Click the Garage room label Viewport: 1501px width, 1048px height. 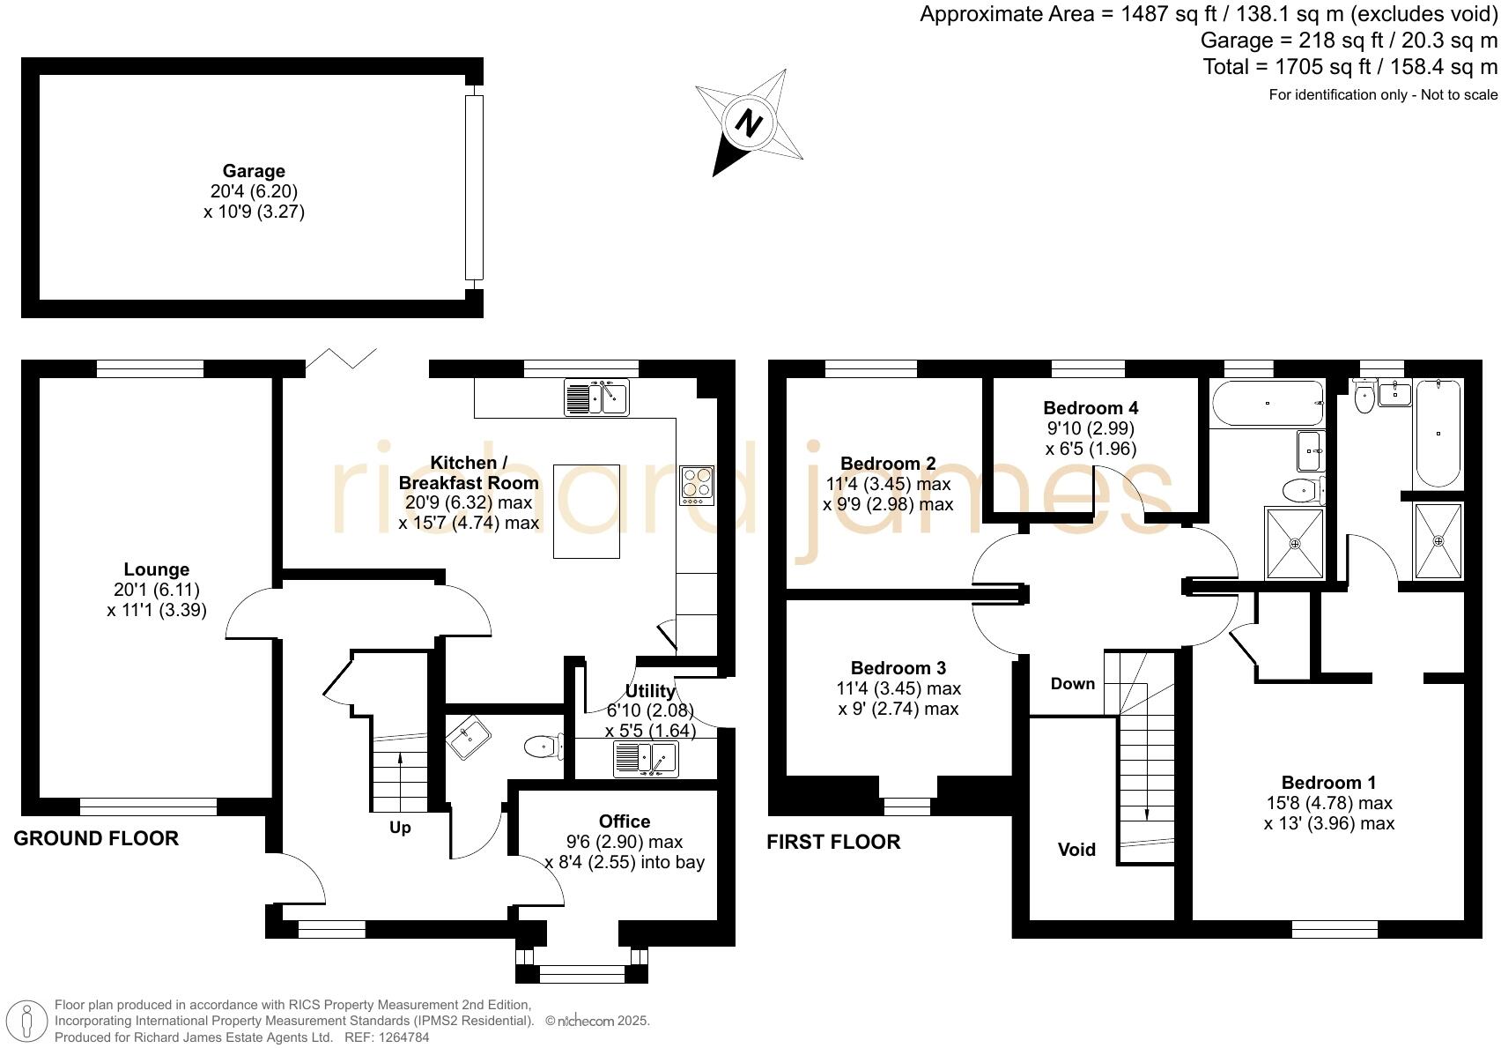coord(253,171)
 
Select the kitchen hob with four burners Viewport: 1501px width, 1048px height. coord(697,484)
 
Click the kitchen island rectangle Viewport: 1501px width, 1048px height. coord(586,511)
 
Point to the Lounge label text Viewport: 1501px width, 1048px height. coord(156,569)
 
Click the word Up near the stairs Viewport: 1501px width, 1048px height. coord(400,828)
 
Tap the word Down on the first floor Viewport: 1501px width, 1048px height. coord(1072,684)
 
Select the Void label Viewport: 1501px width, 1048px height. coord(1076,850)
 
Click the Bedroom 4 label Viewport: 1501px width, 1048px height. coord(1091,408)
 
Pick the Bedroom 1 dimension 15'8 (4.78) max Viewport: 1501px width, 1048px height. coord(1328,803)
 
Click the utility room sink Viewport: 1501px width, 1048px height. coord(646,759)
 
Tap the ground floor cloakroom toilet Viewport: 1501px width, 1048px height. coord(543,747)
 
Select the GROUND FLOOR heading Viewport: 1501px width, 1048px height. coord(96,838)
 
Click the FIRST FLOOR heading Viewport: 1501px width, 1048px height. coord(833,842)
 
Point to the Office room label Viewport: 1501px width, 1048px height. coord(625,821)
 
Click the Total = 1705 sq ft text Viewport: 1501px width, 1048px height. coord(1349,67)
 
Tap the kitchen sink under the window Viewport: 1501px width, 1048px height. coord(596,398)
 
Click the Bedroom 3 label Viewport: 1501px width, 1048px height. coord(898,668)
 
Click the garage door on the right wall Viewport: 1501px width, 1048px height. coord(474,187)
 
